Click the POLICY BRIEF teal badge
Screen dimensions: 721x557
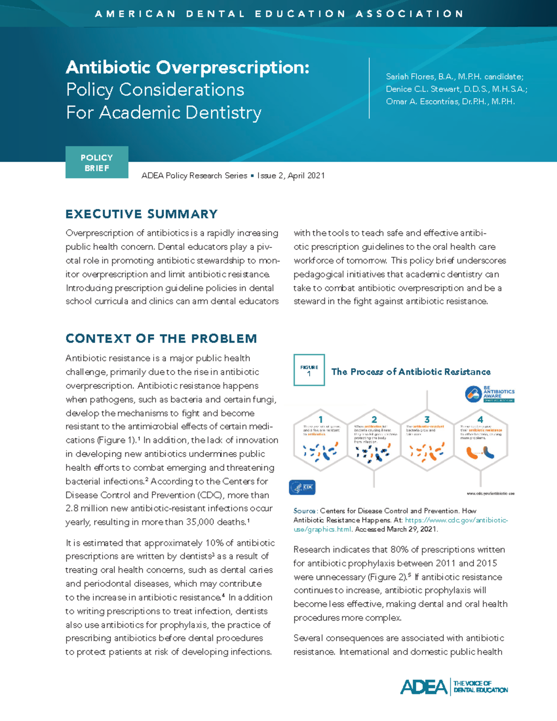[97, 162]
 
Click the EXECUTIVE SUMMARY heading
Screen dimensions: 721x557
[142, 214]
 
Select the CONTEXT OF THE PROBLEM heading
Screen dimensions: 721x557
[161, 338]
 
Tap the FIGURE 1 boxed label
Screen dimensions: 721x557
[309, 370]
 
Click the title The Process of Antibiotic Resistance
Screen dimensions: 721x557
[411, 372]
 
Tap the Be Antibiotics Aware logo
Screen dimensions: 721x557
[490, 394]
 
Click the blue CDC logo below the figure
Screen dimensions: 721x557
[302, 487]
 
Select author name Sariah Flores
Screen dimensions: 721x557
[411, 77]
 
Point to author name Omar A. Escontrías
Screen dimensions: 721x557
[422, 102]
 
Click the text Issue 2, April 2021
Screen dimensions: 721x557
[291, 175]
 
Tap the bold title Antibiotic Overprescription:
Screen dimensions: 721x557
[188, 68]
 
